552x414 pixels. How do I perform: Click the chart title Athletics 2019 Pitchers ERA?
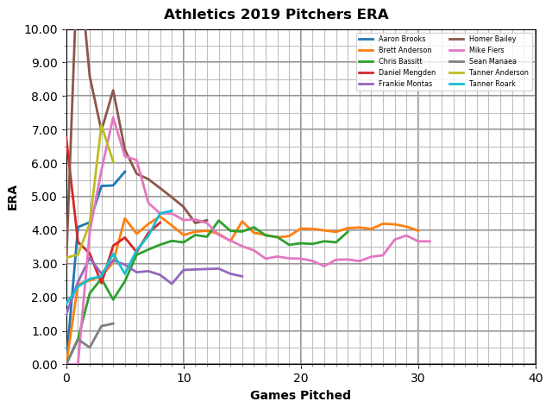pos(276,15)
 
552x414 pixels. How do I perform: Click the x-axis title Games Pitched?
pos(300,396)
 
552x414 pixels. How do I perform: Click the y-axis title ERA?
pos(13,197)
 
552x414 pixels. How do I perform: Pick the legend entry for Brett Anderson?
pos(396,51)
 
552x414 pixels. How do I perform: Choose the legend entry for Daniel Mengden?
pos(397,73)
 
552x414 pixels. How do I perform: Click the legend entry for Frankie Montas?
pos(396,85)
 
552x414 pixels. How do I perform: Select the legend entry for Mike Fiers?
pos(484,51)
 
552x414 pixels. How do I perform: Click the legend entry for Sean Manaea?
pos(488,62)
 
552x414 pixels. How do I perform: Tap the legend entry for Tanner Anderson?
pos(492,73)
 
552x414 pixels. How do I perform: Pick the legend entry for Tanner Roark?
pos(487,85)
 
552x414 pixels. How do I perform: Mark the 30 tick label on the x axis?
pos(418,378)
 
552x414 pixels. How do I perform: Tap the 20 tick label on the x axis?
pos(301,378)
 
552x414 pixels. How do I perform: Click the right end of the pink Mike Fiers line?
pos(430,241)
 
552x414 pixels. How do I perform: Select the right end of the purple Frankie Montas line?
pos(242,277)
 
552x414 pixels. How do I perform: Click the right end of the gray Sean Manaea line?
pos(113,323)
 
